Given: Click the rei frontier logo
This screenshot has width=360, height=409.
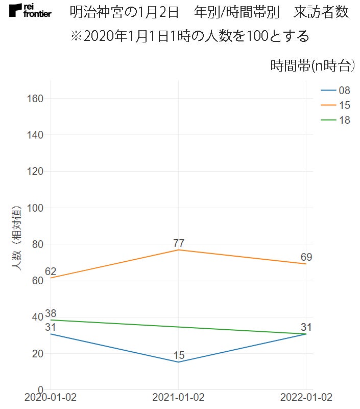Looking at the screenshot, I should point(30,10).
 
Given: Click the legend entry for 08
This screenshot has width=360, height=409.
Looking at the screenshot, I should point(335,90).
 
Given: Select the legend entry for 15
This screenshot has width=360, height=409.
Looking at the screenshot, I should point(335,105).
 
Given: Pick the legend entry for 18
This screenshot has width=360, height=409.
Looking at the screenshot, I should point(335,120).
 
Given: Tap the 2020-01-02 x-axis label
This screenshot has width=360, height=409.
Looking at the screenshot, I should point(51,398).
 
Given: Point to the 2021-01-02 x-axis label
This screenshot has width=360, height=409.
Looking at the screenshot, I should point(178,398).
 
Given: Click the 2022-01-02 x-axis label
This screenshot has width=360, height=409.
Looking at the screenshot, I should point(306,398).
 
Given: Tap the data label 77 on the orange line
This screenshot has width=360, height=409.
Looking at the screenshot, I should point(178,243).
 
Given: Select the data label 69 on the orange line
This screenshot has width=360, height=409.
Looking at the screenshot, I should point(306,257).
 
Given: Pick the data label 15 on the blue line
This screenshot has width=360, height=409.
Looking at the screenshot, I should point(178,355).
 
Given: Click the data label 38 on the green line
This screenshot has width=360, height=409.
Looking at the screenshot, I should point(51,313).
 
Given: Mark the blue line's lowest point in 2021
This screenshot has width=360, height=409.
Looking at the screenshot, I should point(178,362).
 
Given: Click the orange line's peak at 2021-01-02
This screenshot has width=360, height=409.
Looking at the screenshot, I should point(178,250).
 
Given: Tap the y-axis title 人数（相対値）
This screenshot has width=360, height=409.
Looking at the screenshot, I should point(17,237).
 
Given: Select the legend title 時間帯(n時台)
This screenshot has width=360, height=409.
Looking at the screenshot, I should point(311,65).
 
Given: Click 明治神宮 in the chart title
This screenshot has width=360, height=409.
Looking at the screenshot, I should point(94,12).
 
